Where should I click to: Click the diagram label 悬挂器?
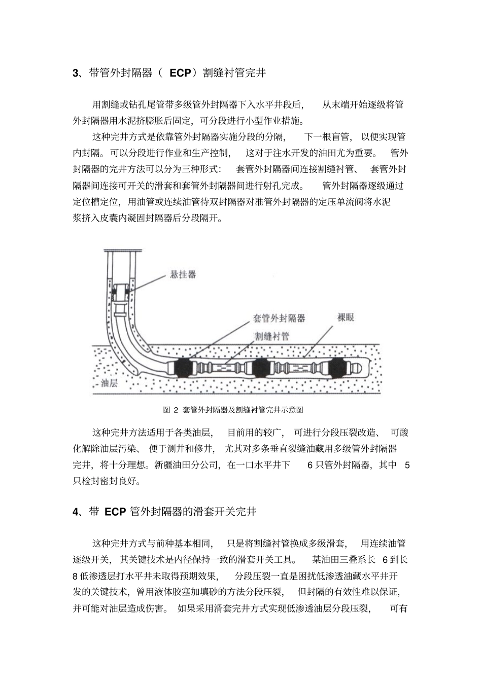point(183,275)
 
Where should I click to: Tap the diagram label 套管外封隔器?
point(279,318)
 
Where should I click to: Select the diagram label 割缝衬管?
point(272,336)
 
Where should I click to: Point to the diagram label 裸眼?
point(346,317)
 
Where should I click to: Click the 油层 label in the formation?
point(109,383)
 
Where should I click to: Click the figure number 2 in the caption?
point(176,410)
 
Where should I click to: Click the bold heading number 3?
point(75,74)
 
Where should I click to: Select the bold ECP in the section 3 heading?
point(180,73)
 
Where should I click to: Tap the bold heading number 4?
point(75,512)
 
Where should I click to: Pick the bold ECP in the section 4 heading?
point(115,512)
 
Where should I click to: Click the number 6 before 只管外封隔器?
point(310,465)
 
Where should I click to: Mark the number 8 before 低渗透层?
point(75,576)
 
